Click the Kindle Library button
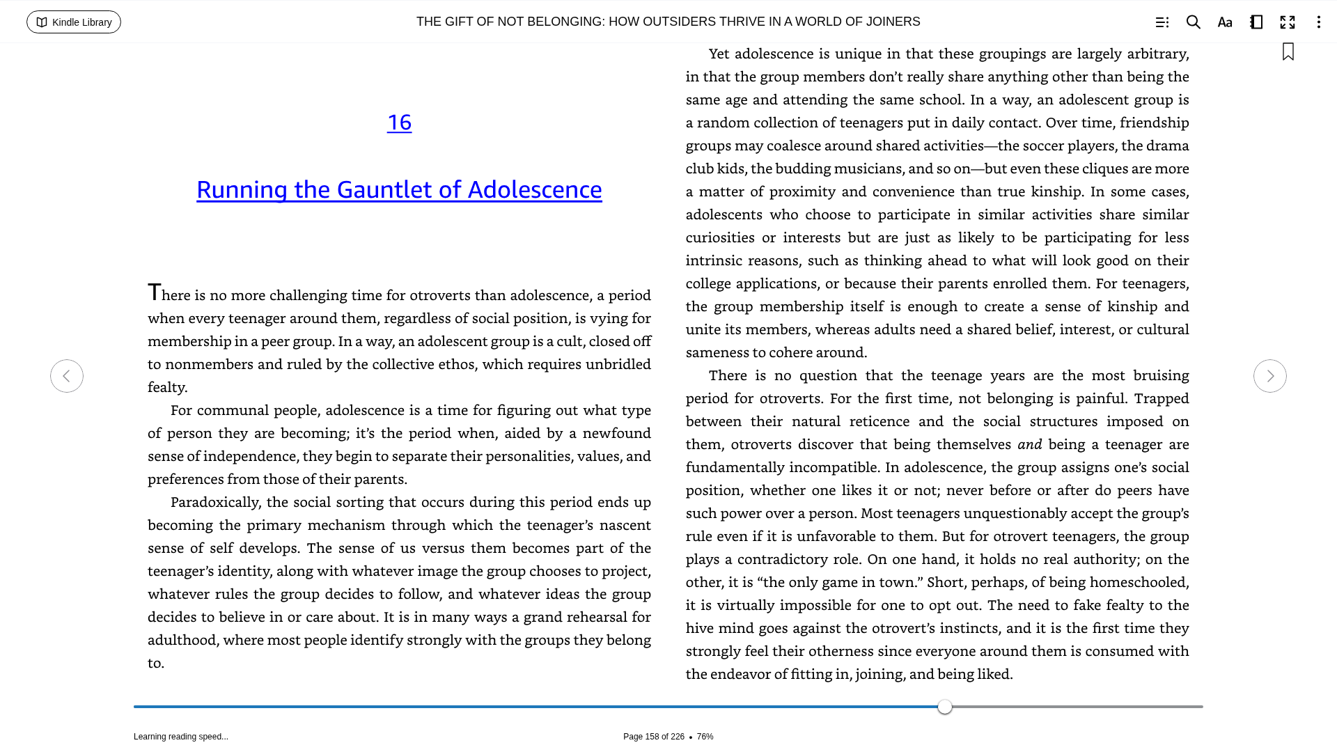74,22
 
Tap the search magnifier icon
1193,22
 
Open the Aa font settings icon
1225,22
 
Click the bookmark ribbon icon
1288,52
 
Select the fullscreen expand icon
1288,22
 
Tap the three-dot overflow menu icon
1318,22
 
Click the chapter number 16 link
399,123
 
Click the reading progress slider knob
945,707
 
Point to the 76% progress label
705,737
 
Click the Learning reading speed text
181,737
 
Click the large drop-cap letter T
154,292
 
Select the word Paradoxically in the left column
214,503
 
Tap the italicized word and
1029,444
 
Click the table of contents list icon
1162,22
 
